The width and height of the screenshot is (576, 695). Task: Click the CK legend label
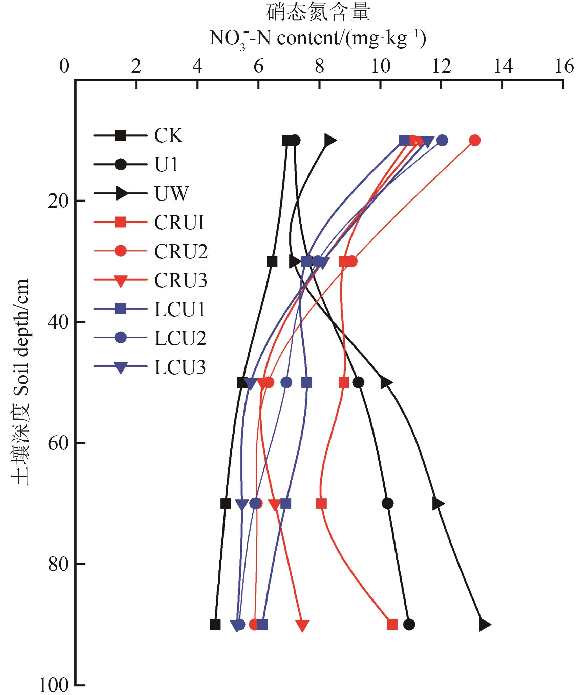pos(169,136)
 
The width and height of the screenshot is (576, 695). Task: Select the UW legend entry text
pos(171,194)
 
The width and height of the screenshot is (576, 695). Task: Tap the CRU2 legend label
pos(180,251)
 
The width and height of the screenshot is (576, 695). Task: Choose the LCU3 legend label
pos(180,367)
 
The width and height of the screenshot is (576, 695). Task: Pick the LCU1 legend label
pos(180,309)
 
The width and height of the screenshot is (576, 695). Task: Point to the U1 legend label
pos(166,165)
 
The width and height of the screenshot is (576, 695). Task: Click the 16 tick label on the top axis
pos(563,66)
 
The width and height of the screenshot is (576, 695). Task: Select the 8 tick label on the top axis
pos(319,66)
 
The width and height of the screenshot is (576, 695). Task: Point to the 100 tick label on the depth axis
pos(54,685)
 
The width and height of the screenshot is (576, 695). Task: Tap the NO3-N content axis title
pos(317,39)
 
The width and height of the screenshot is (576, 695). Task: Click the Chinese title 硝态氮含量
pos(317,13)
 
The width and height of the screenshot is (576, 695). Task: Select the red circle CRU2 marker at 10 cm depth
pos(475,140)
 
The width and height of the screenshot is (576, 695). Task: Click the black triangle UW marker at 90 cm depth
pos(485,625)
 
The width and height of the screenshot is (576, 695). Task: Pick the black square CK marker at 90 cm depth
pos(215,625)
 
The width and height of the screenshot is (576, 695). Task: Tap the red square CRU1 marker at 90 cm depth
pos(392,625)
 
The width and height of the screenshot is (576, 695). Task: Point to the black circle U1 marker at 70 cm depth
pos(388,503)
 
